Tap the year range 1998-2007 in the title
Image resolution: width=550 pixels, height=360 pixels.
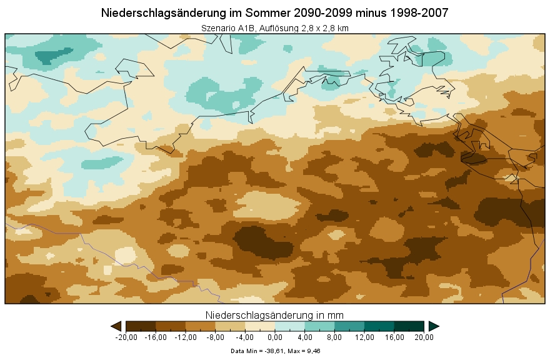pyautogui.click(x=417, y=13)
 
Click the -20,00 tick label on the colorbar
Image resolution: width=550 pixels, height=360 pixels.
pyautogui.click(x=126, y=337)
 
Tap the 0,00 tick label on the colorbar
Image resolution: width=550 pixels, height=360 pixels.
pyautogui.click(x=275, y=337)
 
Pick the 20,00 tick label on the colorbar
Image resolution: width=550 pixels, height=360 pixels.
pyautogui.click(x=424, y=337)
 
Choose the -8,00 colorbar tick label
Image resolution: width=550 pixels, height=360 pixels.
pyautogui.click(x=216, y=337)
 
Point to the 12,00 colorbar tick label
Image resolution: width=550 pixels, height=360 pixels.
pyautogui.click(x=364, y=337)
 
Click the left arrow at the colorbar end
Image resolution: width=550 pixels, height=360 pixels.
pyautogui.click(x=116, y=326)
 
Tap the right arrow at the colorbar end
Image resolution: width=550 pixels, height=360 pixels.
pyautogui.click(x=434, y=326)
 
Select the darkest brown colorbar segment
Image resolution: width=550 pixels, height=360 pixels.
pyautogui.click(x=141, y=326)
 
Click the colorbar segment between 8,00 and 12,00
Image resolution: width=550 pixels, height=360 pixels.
pyautogui.click(x=349, y=326)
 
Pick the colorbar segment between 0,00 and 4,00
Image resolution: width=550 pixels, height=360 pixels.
pyautogui.click(x=290, y=326)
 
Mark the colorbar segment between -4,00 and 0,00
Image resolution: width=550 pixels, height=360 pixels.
pyautogui.click(x=260, y=326)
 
